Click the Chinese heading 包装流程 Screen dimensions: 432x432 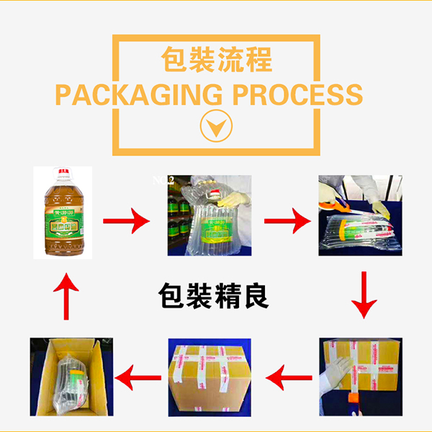click(215, 59)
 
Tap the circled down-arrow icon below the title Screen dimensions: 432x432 click(216, 127)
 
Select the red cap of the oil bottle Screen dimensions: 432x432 click(64, 174)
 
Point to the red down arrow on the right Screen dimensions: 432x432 click(362, 295)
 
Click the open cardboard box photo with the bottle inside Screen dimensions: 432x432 click(64, 375)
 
